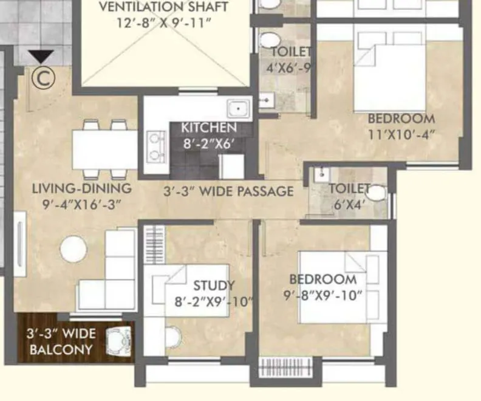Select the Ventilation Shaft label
point(164,8)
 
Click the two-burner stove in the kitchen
point(157,146)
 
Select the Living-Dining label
point(81,188)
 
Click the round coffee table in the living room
point(73,249)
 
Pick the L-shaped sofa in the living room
point(112,273)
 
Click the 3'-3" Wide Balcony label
point(60,341)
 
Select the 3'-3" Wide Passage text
point(228,191)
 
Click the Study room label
point(213,286)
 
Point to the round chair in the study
point(173,335)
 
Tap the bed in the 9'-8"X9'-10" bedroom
point(340,286)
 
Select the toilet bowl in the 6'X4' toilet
point(376,193)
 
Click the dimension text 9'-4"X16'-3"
point(81,204)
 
